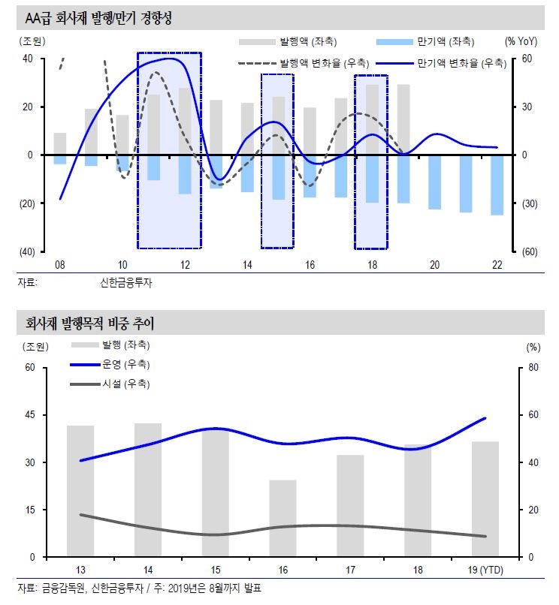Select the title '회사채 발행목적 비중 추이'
click(x=89, y=324)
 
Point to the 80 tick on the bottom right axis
click(x=533, y=368)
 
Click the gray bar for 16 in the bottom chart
click(x=283, y=518)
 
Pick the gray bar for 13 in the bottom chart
click(x=80, y=491)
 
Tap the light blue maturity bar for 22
click(x=497, y=185)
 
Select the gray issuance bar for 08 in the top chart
click(x=59, y=143)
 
